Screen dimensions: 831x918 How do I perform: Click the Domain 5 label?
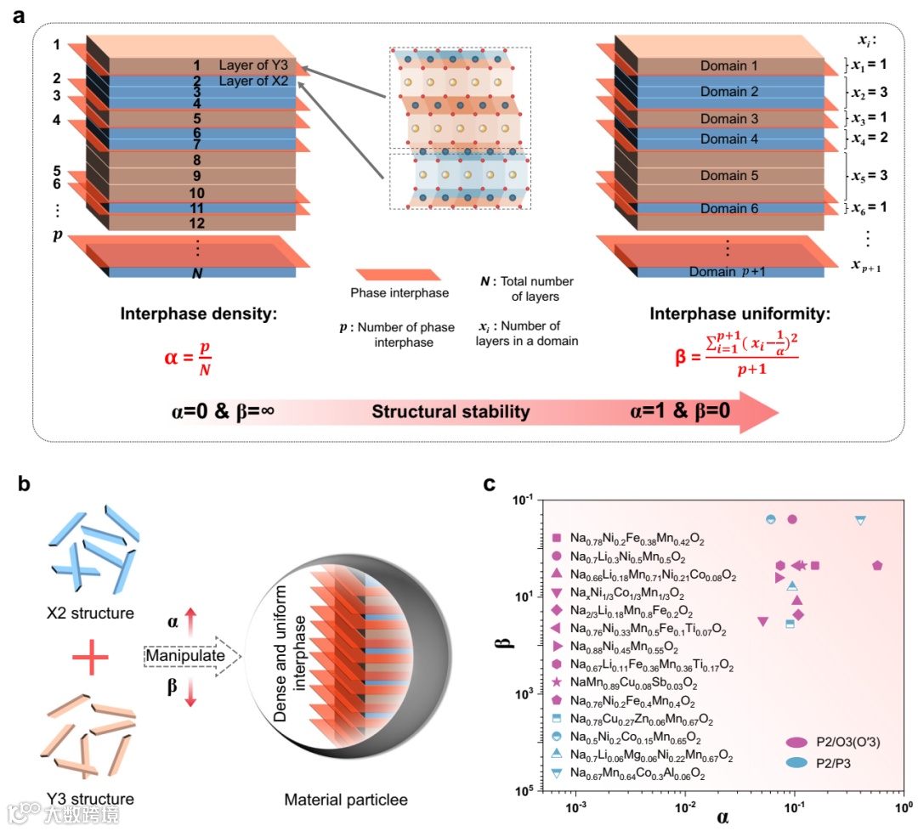pyautogui.click(x=729, y=176)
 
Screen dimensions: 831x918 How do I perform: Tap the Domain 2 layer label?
pyautogui.click(x=729, y=92)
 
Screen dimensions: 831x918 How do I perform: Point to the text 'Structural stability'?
pyautogui.click(x=450, y=413)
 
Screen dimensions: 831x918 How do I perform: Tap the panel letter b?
pyautogui.click(x=25, y=485)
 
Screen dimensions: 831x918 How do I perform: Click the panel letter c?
pyautogui.click(x=490, y=485)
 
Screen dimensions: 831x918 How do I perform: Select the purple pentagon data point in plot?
pyautogui.click(x=877, y=565)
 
